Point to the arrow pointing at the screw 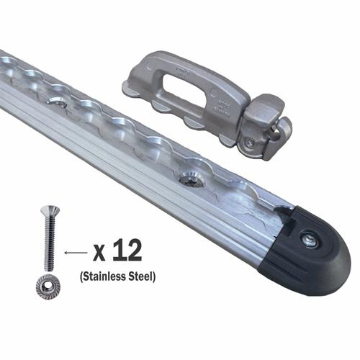coord(73,253)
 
